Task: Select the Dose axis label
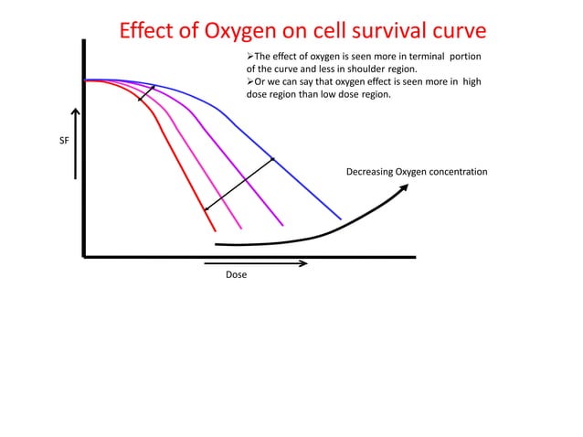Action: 236,275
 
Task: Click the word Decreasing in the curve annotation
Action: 371,173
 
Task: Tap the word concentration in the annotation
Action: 456,173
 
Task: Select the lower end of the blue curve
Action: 340,218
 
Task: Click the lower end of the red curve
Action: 215,229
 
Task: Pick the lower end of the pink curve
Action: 241,228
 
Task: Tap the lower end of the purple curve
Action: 283,225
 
